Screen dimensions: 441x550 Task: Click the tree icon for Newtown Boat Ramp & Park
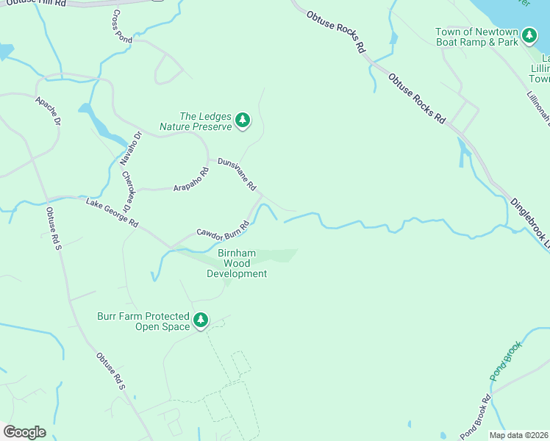(529, 36)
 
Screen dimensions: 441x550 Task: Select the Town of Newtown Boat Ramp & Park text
(476, 37)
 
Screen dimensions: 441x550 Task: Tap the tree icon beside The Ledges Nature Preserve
(243, 121)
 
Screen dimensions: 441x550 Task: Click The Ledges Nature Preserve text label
(205, 121)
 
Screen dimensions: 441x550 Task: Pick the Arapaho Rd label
(191, 179)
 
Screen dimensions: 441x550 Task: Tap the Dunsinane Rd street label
(236, 173)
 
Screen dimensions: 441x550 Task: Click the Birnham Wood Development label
(237, 263)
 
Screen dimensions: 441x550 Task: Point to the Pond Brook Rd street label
(475, 418)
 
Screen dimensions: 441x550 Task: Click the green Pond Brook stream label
(506, 361)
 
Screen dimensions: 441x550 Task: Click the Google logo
(24, 431)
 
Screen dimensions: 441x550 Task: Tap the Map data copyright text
(518, 435)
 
